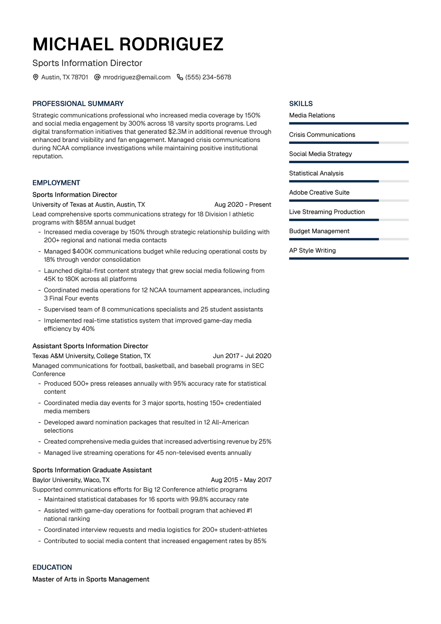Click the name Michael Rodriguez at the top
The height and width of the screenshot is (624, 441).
(x=128, y=44)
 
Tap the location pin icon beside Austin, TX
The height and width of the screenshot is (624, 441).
(x=36, y=77)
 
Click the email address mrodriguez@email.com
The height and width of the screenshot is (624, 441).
(x=137, y=77)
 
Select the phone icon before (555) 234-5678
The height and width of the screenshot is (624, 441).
(x=180, y=77)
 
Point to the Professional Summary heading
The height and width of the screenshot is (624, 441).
(x=78, y=104)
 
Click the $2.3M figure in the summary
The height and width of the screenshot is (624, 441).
(x=178, y=132)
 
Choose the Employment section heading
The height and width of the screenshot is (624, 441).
(x=56, y=183)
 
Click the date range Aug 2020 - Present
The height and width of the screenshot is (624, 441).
(x=243, y=204)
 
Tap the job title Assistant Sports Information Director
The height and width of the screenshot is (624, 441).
(x=90, y=346)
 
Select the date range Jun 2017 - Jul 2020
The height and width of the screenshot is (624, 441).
(x=242, y=356)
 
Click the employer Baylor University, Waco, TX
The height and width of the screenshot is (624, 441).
(x=71, y=480)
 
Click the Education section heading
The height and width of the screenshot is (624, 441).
(x=52, y=567)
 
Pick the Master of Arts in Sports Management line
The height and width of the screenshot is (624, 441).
(x=91, y=579)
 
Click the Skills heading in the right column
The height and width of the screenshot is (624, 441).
(x=301, y=104)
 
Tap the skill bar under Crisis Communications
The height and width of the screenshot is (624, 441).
(x=348, y=143)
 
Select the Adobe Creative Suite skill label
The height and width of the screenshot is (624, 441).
(x=319, y=192)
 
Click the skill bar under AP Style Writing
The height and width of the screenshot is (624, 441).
(x=348, y=258)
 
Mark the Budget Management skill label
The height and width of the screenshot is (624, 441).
(x=319, y=231)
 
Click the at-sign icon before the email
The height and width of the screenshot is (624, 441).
(x=97, y=77)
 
